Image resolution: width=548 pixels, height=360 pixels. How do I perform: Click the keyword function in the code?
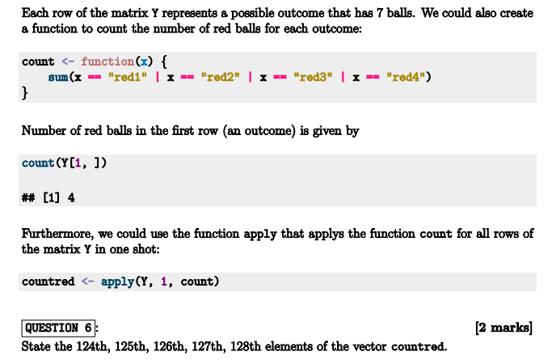108,61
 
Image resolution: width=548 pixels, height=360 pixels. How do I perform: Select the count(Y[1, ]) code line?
64,163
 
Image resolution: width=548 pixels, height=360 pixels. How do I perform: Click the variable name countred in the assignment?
48,282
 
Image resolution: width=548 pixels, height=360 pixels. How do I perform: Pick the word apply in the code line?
118,282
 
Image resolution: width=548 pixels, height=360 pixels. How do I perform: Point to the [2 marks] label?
505,328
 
